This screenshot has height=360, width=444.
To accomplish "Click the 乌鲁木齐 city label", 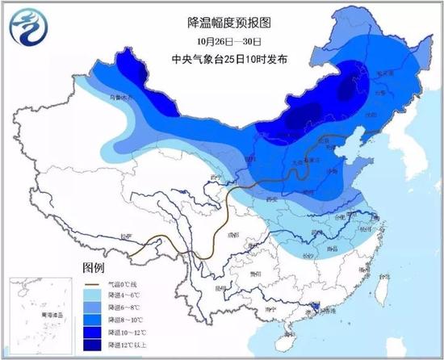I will pos(120,98).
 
